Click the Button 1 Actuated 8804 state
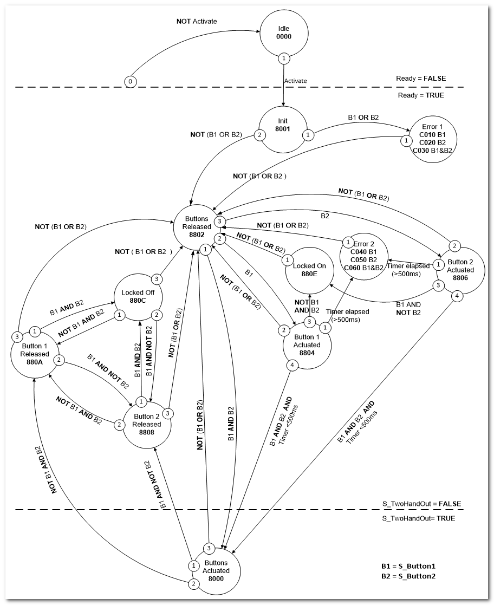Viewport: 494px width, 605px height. [x=307, y=344]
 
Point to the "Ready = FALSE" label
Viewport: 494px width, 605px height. [x=421, y=79]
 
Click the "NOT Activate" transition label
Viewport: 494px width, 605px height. [x=197, y=22]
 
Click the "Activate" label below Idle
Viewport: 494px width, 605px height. [x=296, y=81]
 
